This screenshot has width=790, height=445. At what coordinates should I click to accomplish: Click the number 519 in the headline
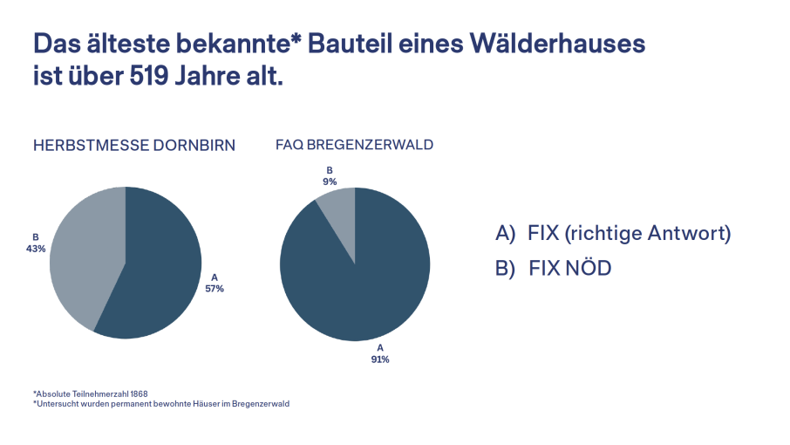point(149,76)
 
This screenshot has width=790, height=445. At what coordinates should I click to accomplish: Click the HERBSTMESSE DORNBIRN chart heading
point(134,145)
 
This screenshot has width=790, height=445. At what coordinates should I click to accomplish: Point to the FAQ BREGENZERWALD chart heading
point(354,145)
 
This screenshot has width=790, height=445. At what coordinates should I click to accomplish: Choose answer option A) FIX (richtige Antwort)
point(613,233)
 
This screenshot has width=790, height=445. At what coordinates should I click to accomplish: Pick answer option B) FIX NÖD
point(553,268)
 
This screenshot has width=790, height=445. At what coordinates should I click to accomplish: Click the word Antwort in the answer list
point(687,233)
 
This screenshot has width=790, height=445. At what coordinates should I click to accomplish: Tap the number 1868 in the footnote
point(139,394)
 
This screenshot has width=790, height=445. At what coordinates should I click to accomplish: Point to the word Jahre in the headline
point(208,76)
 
